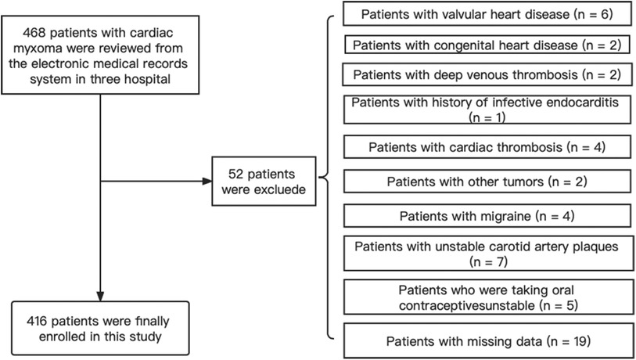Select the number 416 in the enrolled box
pos(37,321)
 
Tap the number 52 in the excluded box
pos(235,174)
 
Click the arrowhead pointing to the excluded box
pos(207,181)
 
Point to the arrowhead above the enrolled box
pos(100,296)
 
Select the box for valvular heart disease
pos(487,14)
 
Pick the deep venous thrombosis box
pos(487,74)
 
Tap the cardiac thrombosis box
pos(487,147)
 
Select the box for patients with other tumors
pos(487,182)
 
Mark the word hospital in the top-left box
pos(149,79)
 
